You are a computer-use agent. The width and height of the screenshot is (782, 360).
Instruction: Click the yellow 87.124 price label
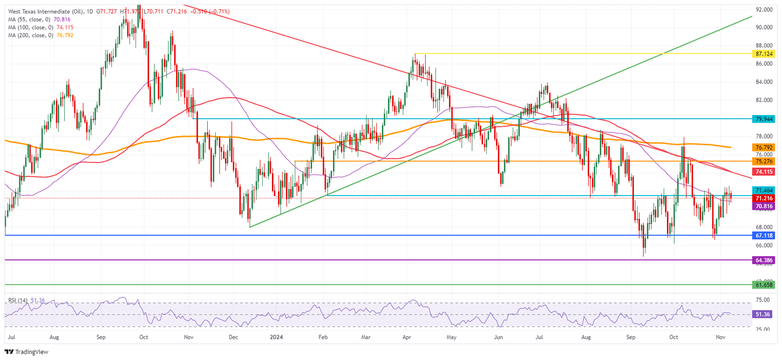coord(764,53)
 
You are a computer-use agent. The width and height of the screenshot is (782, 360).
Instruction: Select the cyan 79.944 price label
coord(764,118)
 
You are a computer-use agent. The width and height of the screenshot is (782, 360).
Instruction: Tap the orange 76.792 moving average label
coord(764,147)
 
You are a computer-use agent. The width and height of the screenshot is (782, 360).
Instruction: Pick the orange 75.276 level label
coord(764,161)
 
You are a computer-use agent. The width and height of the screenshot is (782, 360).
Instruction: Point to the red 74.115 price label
coord(764,172)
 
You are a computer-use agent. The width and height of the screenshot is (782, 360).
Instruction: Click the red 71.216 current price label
coord(764,198)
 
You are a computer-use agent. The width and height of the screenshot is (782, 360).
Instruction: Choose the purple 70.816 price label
coord(764,206)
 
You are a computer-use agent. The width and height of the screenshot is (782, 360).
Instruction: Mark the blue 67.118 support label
coord(764,236)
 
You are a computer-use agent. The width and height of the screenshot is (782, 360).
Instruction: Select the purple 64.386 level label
coord(764,260)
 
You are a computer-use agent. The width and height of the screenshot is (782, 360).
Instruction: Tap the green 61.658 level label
coord(764,285)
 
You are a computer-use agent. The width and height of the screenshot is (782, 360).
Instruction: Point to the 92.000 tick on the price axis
coord(764,10)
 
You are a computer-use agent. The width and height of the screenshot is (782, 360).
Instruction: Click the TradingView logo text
coord(31,352)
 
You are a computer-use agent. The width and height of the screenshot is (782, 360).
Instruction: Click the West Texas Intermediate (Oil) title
coord(45,11)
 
